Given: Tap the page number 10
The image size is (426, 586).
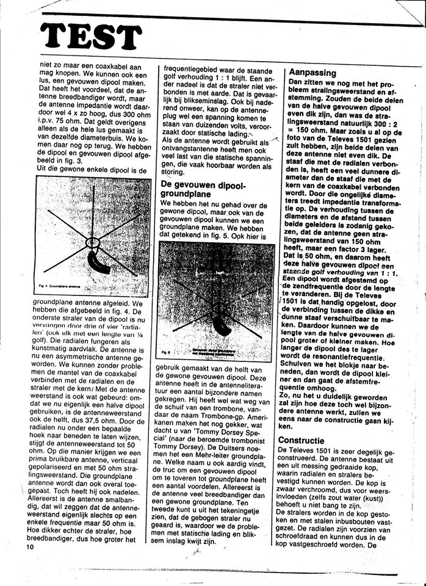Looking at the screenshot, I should pos(31,548).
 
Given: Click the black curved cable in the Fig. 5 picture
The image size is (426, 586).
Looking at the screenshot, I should pos(223,324).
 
